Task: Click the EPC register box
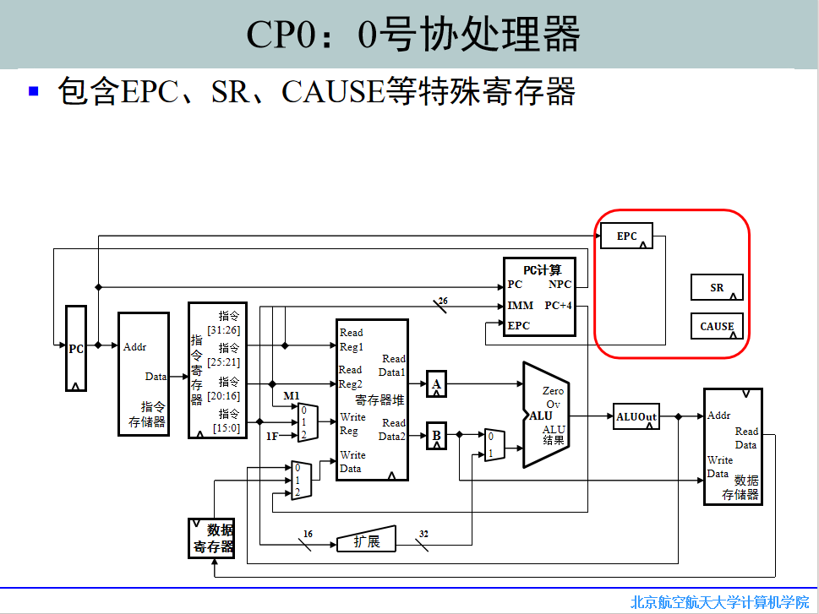point(627,236)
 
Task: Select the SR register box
point(717,288)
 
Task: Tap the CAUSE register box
point(717,327)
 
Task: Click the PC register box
point(76,349)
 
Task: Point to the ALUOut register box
point(636,416)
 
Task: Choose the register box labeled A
point(436,384)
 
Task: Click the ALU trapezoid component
point(545,415)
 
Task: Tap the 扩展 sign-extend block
point(367,541)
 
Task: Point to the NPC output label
point(560,285)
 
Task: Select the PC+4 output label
point(559,305)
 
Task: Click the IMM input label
point(520,305)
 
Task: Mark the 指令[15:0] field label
point(227,421)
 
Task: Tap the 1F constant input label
point(272,436)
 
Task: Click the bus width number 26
point(443,301)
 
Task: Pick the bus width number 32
point(423,534)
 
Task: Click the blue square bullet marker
point(34,90)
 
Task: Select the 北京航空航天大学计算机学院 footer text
point(719,602)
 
